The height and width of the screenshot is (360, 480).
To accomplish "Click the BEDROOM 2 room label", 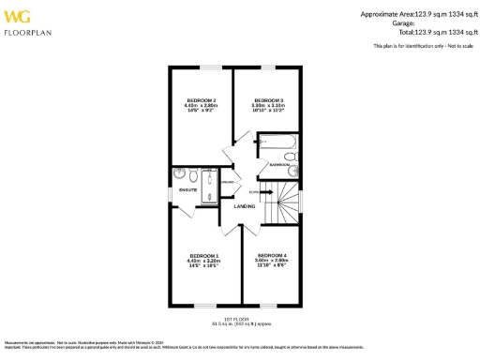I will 202,99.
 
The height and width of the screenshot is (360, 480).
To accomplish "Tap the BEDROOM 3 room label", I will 269,99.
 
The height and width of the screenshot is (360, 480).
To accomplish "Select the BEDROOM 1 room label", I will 204,256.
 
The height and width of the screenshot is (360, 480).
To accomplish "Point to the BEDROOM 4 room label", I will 272,255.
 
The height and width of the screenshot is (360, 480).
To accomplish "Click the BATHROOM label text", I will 279,164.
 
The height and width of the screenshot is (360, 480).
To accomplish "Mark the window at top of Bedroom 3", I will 269,67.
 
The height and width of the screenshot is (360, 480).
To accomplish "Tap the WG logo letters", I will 18,17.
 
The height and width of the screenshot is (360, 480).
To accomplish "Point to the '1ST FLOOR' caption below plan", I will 234,320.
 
